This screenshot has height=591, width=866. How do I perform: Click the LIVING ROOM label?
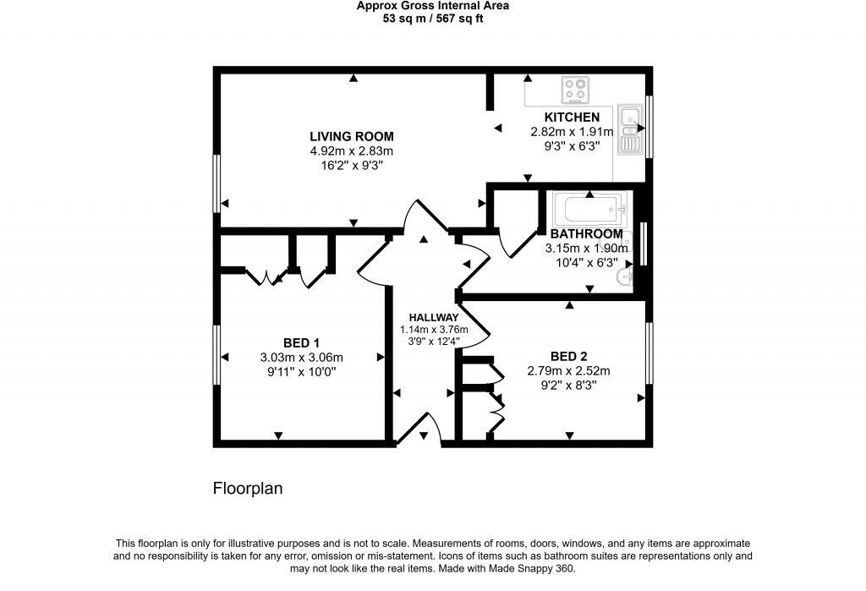351,136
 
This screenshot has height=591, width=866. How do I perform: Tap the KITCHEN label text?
572,118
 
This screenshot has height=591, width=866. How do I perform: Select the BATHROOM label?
586,234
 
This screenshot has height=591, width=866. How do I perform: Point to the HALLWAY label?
428,317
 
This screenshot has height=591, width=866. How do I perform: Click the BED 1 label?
301,342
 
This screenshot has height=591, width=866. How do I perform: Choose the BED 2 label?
568,356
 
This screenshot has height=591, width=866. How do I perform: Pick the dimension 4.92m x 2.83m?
351,151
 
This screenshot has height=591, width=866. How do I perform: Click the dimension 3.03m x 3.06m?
301,357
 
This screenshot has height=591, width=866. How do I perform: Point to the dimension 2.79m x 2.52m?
568,370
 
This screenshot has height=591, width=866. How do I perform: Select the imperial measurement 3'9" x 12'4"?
428,342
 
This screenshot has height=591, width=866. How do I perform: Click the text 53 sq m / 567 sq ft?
432,18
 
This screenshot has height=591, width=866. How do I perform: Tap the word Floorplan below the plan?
247,489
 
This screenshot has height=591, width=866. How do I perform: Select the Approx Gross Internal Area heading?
432,5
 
